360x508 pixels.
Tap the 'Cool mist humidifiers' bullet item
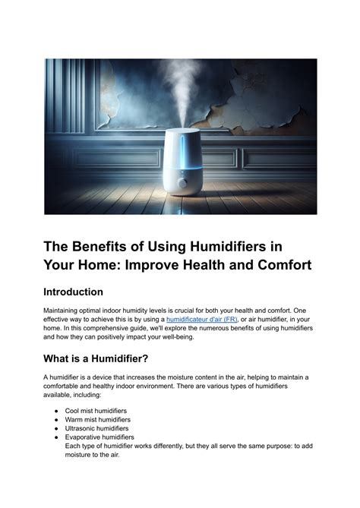tap(97, 410)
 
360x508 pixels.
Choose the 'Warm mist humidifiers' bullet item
tap(98, 419)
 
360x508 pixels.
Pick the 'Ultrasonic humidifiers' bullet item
tap(97, 428)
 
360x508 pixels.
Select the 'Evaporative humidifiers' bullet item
tap(100, 437)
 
